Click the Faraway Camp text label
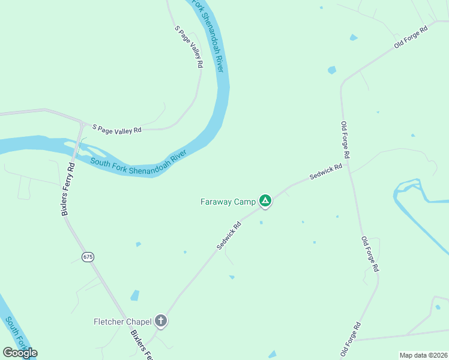tap(228, 202)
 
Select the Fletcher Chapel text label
tap(122, 322)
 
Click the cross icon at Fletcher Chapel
tap(160, 321)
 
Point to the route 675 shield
tap(88, 257)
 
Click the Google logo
tap(20, 353)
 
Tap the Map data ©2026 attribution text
tap(423, 355)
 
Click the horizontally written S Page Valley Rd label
tap(116, 128)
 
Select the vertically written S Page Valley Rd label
tap(189, 46)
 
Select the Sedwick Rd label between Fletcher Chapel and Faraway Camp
tap(229, 235)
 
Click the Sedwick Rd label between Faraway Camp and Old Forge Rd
tap(325, 172)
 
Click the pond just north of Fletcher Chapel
tap(134, 295)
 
